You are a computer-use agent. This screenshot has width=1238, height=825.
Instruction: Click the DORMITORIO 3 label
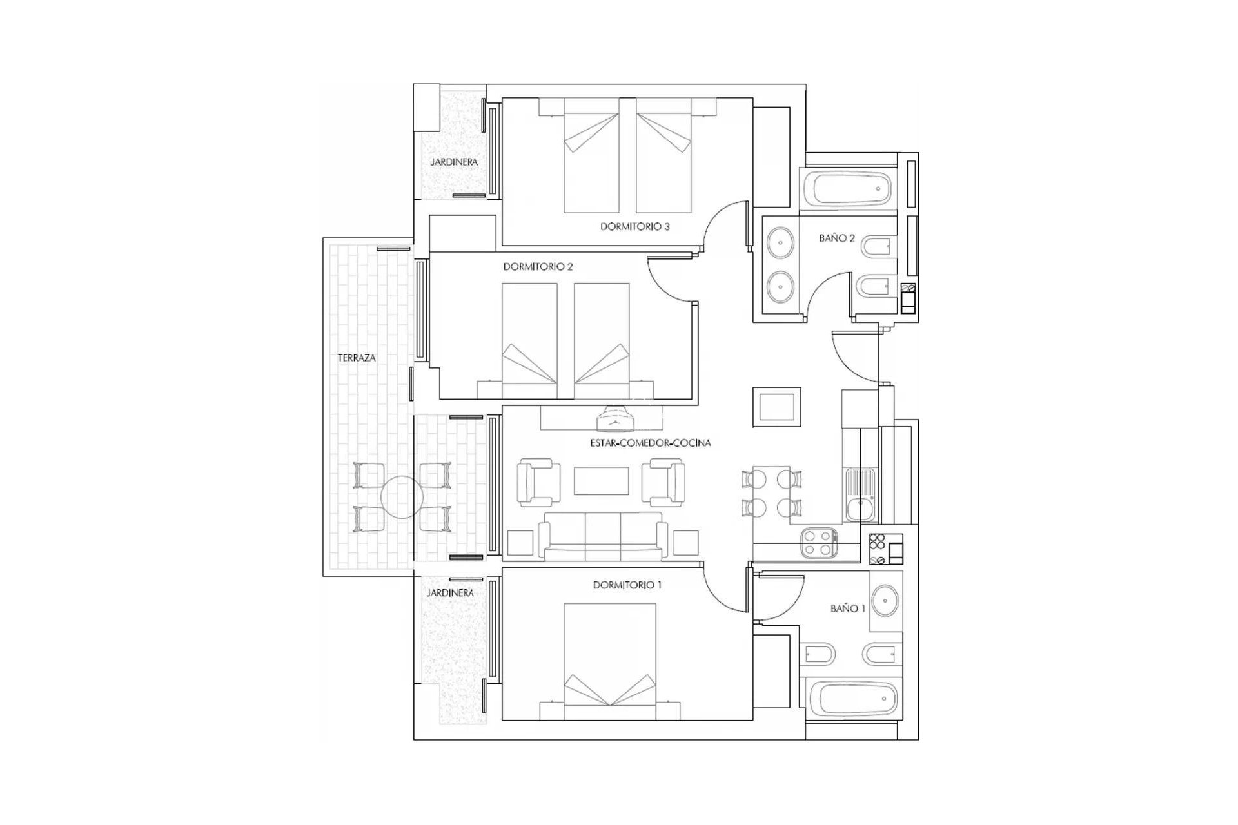[634, 227]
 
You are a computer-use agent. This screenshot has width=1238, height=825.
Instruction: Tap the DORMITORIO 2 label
[538, 266]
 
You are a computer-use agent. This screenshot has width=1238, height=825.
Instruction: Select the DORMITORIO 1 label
[627, 585]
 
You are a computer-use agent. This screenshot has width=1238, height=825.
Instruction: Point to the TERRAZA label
[357, 358]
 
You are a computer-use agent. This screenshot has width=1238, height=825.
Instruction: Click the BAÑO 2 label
[836, 238]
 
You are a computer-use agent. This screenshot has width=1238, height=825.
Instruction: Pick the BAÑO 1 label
[847, 608]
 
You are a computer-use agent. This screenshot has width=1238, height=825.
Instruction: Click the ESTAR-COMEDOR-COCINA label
[650, 443]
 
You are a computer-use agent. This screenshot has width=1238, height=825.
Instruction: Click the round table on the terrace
[401, 498]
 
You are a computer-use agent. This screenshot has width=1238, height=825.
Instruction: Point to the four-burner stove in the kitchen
[818, 542]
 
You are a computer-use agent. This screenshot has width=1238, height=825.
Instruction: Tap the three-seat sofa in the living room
[603, 535]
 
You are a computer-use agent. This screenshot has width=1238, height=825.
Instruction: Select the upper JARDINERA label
[454, 162]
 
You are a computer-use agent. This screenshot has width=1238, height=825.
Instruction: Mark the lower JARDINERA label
[450, 593]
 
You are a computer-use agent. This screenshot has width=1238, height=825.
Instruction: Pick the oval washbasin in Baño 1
[886, 601]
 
